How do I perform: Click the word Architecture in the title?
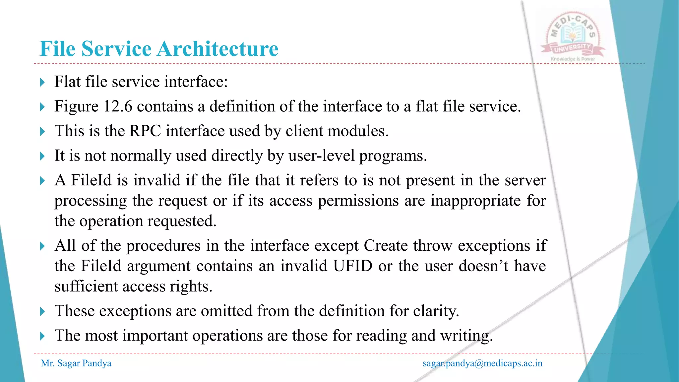[x=217, y=49]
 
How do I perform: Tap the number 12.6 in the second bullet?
[x=118, y=106]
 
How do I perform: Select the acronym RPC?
[x=145, y=131]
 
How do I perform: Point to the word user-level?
[x=321, y=156]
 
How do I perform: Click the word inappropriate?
[x=475, y=201]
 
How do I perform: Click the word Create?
[x=386, y=246]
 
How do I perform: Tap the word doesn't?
[x=484, y=266]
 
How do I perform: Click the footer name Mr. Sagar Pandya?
[x=76, y=363]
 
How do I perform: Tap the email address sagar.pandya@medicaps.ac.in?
[x=482, y=363]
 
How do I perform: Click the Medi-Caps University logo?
[x=573, y=35]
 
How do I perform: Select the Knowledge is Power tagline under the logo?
[x=573, y=59]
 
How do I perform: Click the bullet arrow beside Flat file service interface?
[x=42, y=82]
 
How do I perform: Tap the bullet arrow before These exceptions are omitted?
[x=42, y=311]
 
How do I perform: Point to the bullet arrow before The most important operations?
[x=42, y=336]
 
